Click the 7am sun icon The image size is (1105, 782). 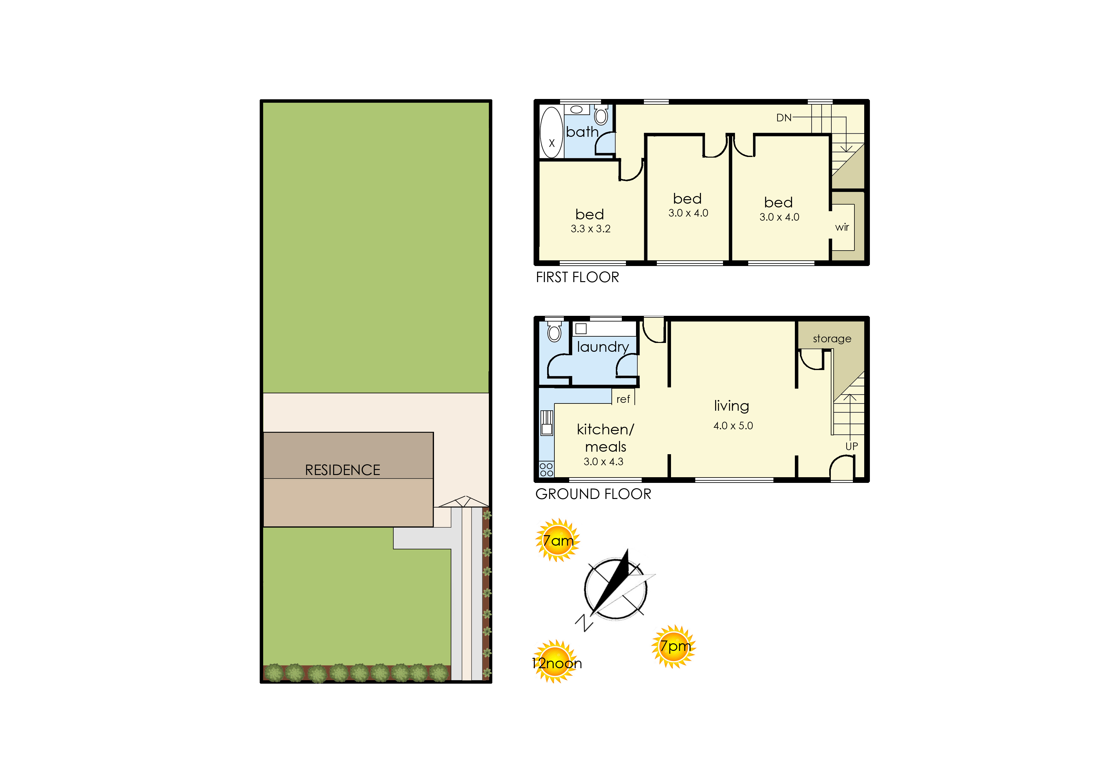point(558,540)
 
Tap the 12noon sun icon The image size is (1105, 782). point(556,662)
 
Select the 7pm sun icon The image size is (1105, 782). point(674,646)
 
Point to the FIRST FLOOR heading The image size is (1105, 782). point(577,277)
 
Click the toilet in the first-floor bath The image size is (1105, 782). point(601,115)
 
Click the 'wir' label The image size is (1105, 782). point(842,227)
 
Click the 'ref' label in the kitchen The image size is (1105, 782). point(623,399)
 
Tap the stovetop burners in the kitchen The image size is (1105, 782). point(547,470)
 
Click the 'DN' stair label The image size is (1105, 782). point(784,118)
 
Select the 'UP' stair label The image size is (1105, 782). point(852,446)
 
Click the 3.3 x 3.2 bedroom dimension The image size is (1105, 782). point(590,229)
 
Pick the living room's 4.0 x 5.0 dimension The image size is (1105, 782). point(733,426)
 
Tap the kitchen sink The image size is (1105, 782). point(547,423)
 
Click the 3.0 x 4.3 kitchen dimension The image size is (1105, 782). point(603,462)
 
